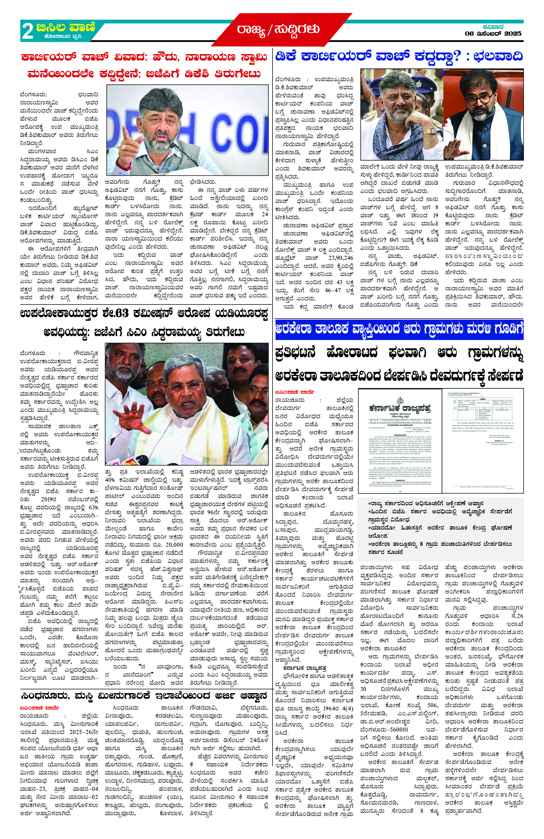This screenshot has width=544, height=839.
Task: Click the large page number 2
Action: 28,31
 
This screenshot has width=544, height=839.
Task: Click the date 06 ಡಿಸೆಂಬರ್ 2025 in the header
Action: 493,34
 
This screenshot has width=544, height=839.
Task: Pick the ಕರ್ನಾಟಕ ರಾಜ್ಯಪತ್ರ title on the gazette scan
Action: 400,409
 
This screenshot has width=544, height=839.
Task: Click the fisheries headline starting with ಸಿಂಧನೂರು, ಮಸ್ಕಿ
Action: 144,696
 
